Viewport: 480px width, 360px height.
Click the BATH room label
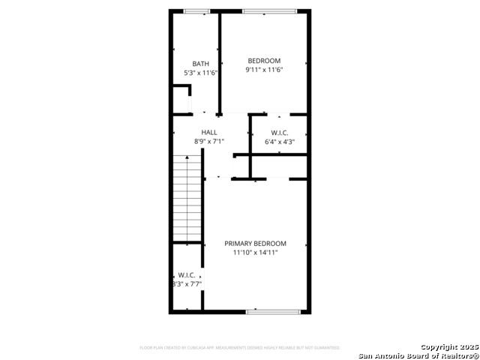[200, 64]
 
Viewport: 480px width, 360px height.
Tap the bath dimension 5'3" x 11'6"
[200, 73]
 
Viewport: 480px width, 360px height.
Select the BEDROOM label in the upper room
[264, 61]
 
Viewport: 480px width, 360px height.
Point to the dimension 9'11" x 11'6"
[264, 70]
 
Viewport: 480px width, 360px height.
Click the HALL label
[209, 132]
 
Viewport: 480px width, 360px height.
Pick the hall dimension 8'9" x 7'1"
[209, 141]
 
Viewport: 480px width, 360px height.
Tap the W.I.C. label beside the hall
[280, 132]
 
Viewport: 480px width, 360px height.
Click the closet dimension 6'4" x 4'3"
[280, 141]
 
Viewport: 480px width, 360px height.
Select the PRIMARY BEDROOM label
[256, 244]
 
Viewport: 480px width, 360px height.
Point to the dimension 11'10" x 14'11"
[256, 253]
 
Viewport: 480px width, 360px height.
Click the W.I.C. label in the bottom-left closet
[187, 275]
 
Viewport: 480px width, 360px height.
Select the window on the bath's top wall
[196, 10]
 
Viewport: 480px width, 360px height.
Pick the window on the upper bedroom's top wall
[268, 10]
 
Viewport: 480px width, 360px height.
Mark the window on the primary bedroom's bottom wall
[273, 311]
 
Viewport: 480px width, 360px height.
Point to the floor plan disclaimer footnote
[240, 348]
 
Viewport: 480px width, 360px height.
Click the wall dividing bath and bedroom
[219, 64]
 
